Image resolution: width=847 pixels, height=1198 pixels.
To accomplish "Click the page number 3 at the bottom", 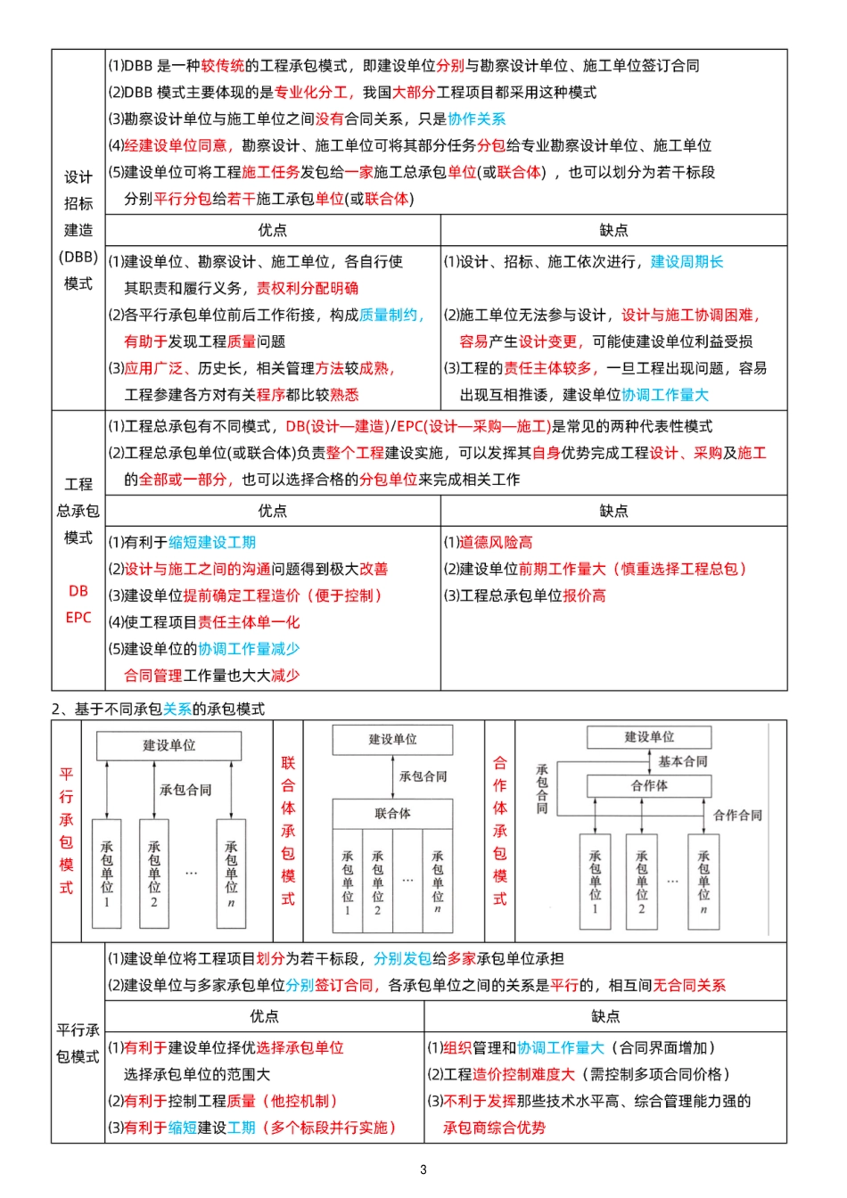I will [423, 1169].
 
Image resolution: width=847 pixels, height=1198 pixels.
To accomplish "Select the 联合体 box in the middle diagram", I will [392, 813].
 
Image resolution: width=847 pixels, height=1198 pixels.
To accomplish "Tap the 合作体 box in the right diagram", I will [649, 785].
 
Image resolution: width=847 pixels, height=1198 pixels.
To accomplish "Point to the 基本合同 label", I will [683, 761].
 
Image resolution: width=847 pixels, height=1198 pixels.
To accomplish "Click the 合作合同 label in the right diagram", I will [737, 815].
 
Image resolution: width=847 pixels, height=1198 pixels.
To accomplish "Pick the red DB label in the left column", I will [78, 591].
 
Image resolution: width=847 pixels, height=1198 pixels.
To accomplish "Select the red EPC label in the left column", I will [78, 617].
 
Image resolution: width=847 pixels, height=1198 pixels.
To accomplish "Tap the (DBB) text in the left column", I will [78, 257].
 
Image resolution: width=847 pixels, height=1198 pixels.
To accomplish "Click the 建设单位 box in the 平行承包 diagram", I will [169, 745].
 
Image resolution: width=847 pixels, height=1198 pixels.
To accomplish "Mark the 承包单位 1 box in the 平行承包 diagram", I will [107, 874].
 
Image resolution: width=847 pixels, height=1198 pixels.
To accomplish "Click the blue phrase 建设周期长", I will [687, 261].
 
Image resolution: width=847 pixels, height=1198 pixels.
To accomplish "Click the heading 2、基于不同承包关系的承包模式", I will [158, 709].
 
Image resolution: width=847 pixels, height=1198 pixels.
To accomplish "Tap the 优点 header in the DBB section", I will [273, 230].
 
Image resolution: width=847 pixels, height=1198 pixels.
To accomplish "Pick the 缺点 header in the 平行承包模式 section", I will [605, 1016].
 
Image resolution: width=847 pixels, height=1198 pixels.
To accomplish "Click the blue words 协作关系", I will [476, 119].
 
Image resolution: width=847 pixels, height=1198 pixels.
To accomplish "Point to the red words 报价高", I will [584, 595].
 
